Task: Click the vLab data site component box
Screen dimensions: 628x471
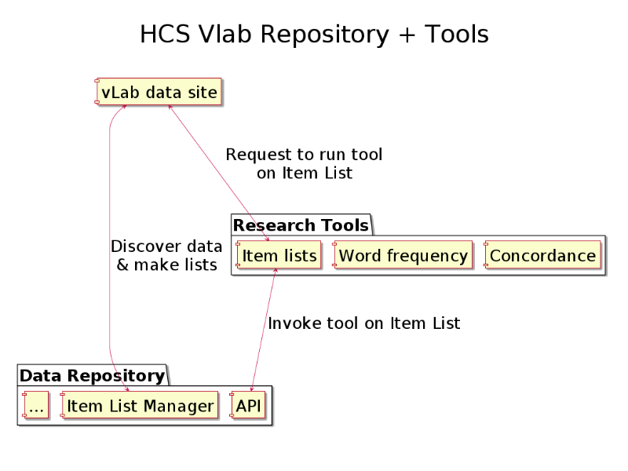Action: point(159,92)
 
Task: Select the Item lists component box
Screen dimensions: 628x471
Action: point(279,254)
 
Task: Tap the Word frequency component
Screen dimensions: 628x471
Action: point(403,254)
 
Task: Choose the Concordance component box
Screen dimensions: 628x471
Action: point(542,254)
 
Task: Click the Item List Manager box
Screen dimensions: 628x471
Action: point(140,405)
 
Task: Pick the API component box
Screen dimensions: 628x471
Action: point(247,405)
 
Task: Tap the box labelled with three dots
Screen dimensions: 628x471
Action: point(35,405)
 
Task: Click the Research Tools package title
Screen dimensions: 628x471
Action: point(301,225)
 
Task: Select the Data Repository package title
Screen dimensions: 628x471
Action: point(92,376)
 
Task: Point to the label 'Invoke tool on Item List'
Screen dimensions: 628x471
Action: point(364,323)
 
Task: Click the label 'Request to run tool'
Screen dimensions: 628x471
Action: point(304,154)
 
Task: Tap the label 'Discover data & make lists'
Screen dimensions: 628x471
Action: point(166,255)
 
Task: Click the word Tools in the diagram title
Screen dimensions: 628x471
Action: point(457,34)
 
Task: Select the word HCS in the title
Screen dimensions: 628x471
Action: point(165,34)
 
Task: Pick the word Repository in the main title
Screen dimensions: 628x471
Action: point(325,35)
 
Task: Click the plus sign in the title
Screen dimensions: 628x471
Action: point(407,35)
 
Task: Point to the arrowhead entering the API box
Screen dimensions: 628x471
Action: point(251,389)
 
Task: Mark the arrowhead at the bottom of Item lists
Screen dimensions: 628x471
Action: point(276,271)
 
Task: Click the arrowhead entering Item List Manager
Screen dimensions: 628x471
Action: point(126,389)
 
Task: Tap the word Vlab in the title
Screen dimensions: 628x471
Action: point(225,34)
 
